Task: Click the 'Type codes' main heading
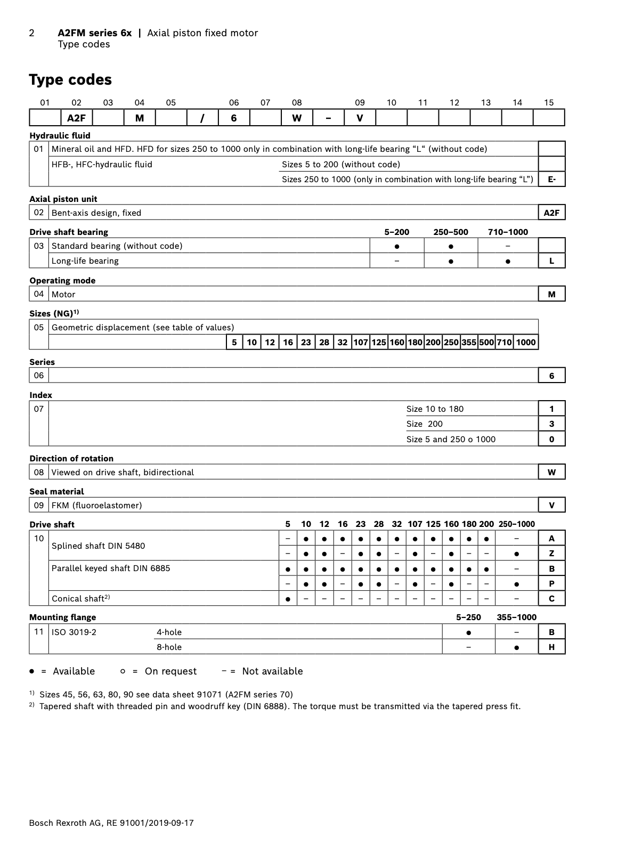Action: coord(70,80)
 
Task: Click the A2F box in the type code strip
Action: coord(76,118)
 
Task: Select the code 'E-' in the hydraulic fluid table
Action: coord(551,180)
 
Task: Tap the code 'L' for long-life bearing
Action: coord(551,261)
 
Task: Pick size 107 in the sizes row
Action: coord(361,343)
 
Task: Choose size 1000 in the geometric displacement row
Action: coord(526,343)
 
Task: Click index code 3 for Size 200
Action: coord(551,424)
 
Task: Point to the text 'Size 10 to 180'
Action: coord(435,409)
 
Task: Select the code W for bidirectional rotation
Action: coord(551,472)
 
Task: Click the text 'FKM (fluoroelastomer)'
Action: coord(97,506)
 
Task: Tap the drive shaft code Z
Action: coord(551,554)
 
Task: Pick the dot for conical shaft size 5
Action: coord(288,599)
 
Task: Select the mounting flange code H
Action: coord(551,647)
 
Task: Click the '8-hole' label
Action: coord(169,647)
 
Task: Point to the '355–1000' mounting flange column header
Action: coord(516,617)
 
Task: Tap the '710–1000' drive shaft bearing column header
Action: coord(508,232)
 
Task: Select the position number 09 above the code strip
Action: coord(360,103)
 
